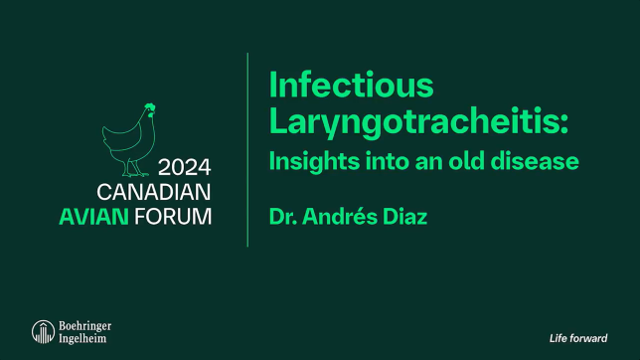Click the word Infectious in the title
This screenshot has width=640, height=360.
point(351,87)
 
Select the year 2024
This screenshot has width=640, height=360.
point(185,165)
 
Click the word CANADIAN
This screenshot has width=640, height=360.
point(154,191)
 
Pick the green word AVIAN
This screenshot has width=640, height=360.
point(124,216)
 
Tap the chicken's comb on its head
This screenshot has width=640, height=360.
point(149,106)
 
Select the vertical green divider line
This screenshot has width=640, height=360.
point(247,149)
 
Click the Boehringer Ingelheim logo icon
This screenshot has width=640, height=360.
point(43,332)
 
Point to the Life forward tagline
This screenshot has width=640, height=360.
point(578,338)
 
